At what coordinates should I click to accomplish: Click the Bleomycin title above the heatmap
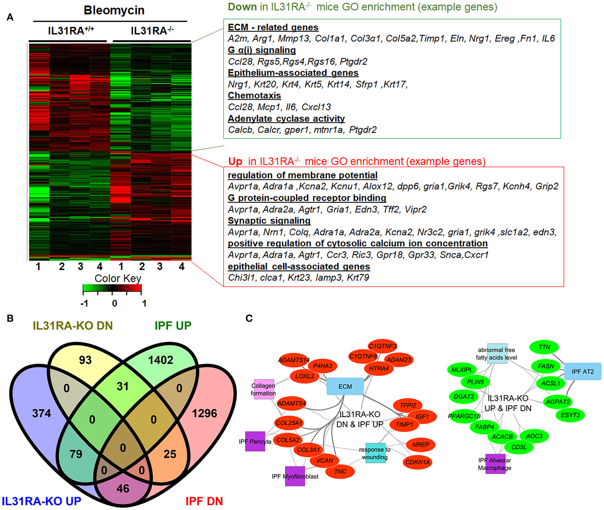(114, 10)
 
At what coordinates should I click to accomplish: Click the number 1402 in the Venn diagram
(161, 360)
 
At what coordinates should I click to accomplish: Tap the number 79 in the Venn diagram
(76, 454)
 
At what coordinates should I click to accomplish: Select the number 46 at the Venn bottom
(123, 488)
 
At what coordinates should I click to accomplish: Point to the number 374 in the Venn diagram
(42, 413)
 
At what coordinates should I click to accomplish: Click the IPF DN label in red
(204, 501)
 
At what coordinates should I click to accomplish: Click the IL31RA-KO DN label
(72, 326)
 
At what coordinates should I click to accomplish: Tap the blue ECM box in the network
(345, 386)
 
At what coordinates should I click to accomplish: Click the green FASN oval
(546, 366)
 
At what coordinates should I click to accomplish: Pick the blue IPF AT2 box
(582, 372)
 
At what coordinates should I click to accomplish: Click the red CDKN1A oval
(417, 462)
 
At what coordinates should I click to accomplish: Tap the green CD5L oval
(519, 447)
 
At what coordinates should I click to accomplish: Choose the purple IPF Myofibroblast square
(295, 476)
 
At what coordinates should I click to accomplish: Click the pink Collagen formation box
(264, 389)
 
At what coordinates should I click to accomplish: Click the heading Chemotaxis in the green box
(254, 96)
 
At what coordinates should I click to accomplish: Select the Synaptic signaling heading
(269, 221)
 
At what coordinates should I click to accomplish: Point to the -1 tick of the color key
(84, 303)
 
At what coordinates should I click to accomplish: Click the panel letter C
(249, 318)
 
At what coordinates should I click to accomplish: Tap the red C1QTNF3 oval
(383, 346)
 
